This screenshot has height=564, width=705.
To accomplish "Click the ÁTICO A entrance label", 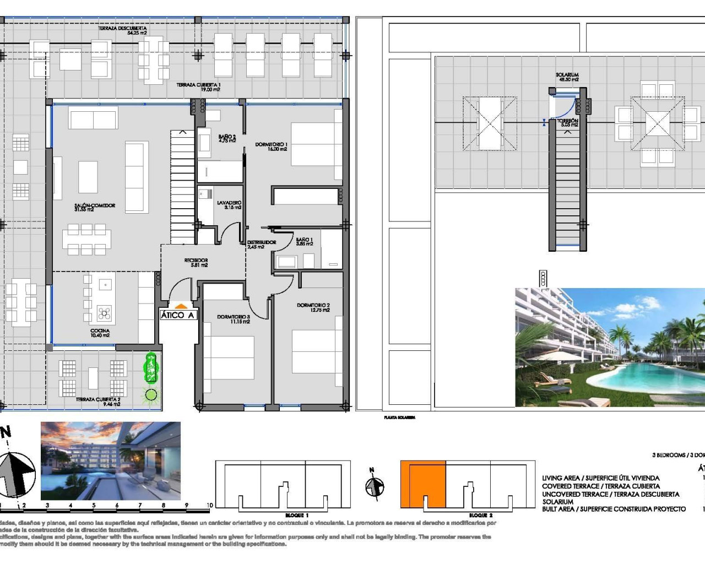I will point(177,315).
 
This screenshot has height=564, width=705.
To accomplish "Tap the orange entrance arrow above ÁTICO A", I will point(181,306).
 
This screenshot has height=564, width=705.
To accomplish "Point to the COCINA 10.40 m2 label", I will point(100,333).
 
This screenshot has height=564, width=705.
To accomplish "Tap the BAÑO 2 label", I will point(227,138).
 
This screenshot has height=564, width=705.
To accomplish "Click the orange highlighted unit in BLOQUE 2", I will point(422,484).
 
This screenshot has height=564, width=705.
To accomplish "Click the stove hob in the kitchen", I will point(104,313).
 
